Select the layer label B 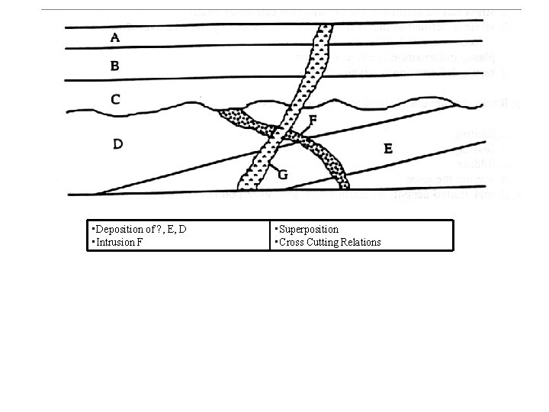114,66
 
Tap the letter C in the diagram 115,98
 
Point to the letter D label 118,143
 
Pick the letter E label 388,150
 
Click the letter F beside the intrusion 313,121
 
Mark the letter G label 282,174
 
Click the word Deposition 117,229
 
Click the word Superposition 309,229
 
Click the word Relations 362,242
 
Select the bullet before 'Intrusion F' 91,242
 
